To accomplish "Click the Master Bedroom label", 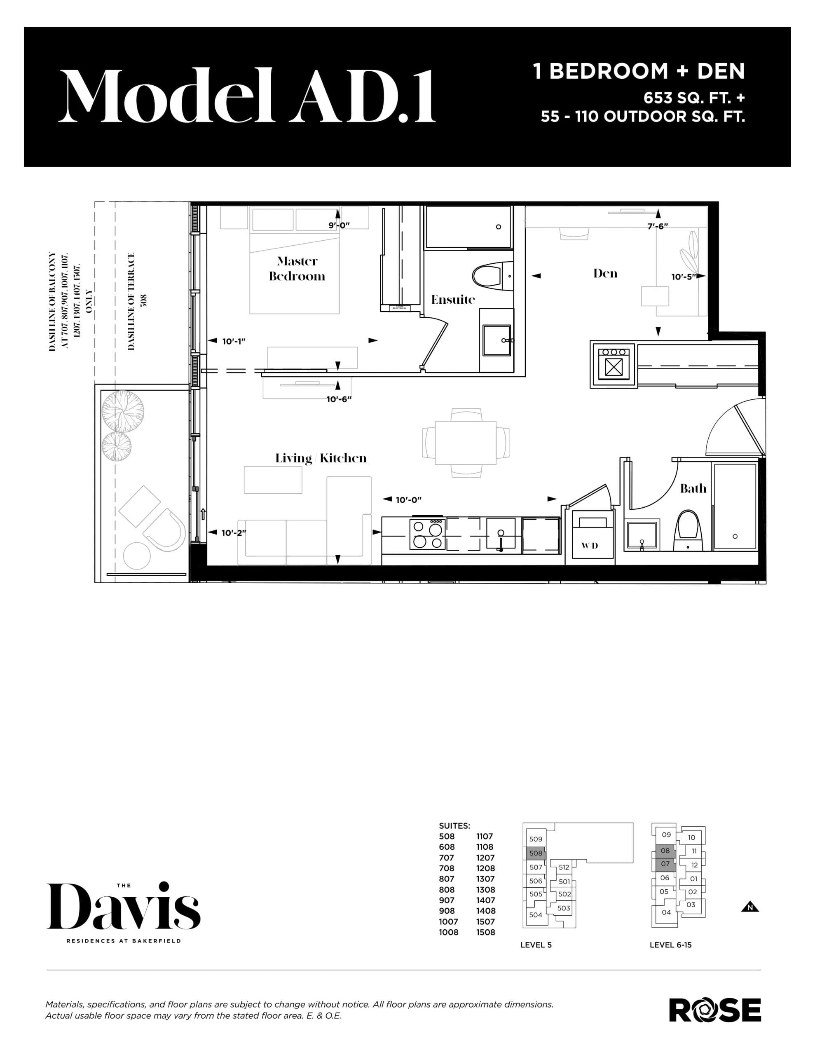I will [x=297, y=269].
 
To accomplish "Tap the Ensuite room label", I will [x=453, y=300].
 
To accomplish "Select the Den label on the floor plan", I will [x=605, y=273].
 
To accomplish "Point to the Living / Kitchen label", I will [x=321, y=458].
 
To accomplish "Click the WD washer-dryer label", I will [x=589, y=545].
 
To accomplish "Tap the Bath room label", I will [x=693, y=488].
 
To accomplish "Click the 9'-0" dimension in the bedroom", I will [x=339, y=225].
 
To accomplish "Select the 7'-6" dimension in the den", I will [x=658, y=225].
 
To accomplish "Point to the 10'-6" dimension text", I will [x=339, y=399].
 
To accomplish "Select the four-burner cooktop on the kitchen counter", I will [x=427, y=534].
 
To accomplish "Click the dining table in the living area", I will [x=466, y=443].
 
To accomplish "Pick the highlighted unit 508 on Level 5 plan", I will [x=535, y=853].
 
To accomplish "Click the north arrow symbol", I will [x=750, y=907].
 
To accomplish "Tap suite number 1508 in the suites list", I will [x=485, y=932].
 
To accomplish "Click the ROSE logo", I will [x=714, y=1010].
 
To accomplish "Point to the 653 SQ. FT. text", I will [x=693, y=98].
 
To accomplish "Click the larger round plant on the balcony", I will [x=122, y=412].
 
